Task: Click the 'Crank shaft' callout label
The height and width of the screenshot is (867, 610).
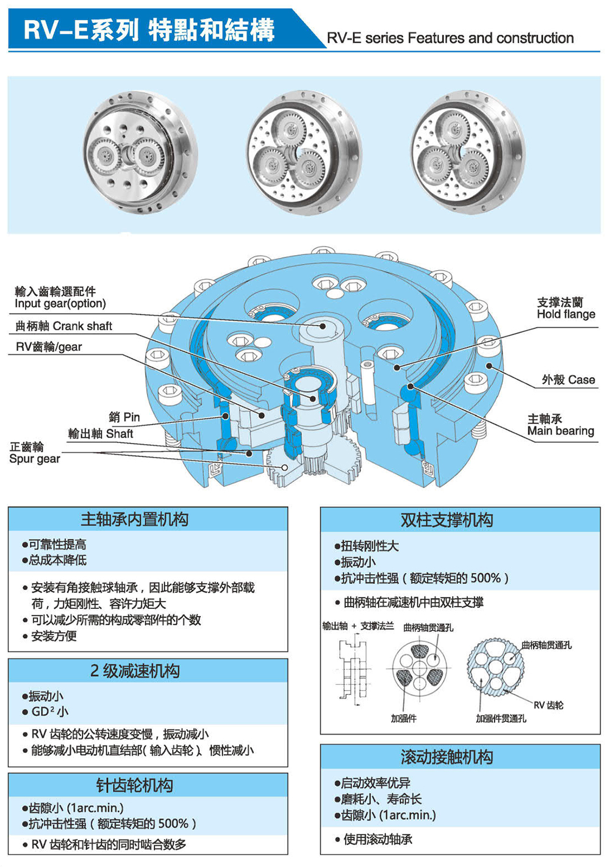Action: click(x=64, y=326)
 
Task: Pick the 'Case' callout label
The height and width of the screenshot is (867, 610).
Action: click(x=568, y=380)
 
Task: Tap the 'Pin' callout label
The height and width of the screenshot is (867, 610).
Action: click(x=124, y=417)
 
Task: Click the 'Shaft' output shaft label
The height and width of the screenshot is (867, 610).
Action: click(x=101, y=434)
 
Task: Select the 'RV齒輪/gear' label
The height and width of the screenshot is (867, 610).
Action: click(x=49, y=347)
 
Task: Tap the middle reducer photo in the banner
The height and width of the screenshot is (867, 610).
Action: click(x=303, y=153)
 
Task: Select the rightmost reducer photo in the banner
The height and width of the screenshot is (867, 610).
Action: click(x=467, y=152)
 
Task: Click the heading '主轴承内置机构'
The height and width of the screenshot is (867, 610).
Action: click(x=135, y=520)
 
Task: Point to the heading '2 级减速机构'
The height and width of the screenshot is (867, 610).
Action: click(x=135, y=671)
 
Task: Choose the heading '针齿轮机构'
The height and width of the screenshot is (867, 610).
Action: click(x=135, y=785)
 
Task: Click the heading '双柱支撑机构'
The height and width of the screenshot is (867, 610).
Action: click(x=447, y=520)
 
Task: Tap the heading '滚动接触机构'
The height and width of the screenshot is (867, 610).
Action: click(x=447, y=757)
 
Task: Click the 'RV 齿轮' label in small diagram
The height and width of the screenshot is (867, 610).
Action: click(x=548, y=705)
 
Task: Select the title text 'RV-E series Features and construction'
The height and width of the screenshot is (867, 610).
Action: click(x=450, y=38)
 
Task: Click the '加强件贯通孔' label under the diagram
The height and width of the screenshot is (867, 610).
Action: click(x=501, y=719)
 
